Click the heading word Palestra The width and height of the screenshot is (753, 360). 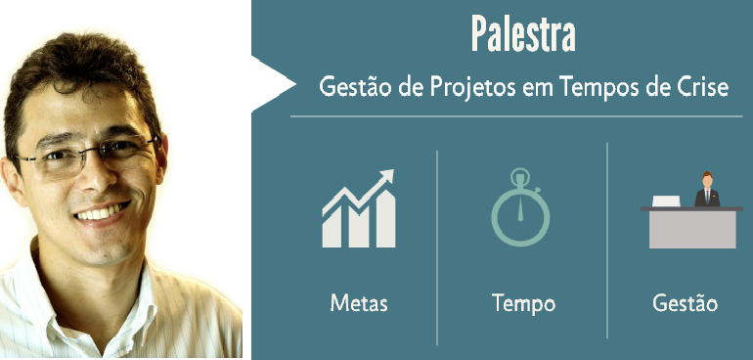coord(522,33)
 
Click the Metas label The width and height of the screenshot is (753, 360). coord(358,302)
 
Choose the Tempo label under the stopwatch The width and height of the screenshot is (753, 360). coord(523,302)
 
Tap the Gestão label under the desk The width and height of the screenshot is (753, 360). coord(685,302)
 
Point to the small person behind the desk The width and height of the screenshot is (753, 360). coord(706,190)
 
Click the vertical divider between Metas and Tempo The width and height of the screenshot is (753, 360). coord(437,245)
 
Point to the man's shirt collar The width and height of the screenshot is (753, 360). coord(59,284)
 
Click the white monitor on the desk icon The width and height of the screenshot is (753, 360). coord(666,201)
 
